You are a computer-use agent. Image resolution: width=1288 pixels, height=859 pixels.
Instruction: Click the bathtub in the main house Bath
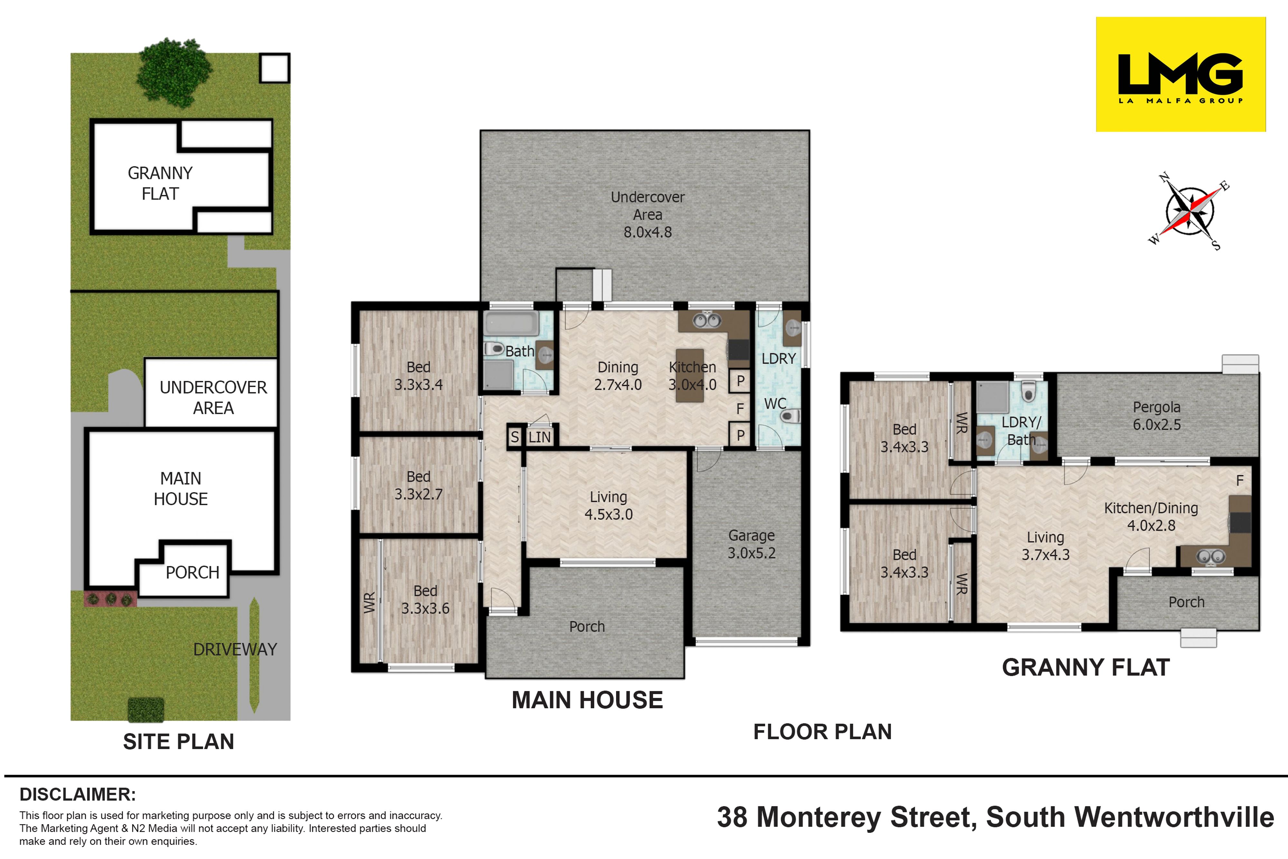511,324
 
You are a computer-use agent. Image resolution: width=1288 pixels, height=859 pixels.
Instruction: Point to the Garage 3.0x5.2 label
751,544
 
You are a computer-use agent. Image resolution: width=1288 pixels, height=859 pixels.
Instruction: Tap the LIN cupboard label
539,437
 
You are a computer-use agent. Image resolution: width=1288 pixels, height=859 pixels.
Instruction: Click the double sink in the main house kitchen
707,320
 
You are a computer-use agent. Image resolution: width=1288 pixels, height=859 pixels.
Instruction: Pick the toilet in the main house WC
790,416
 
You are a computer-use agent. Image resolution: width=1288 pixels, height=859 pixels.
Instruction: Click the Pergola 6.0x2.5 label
1157,416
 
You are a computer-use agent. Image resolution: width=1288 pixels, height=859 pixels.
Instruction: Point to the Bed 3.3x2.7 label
418,485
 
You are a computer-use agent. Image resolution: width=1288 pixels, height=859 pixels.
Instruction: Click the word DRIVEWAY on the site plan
235,649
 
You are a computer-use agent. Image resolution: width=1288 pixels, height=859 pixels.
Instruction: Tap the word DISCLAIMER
78,794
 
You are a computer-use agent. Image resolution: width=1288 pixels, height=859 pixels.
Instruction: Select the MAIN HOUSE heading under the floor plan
587,700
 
